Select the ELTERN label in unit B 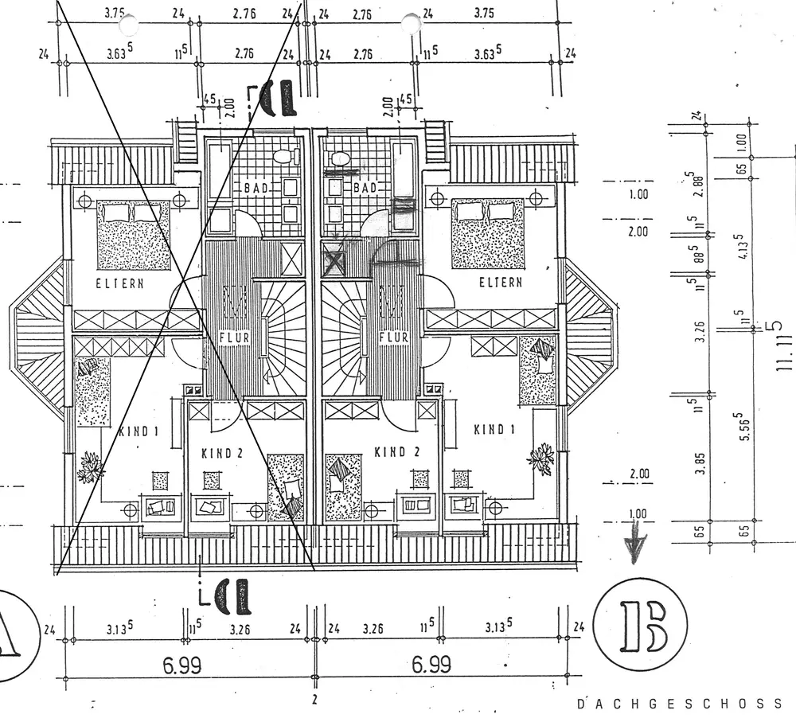501,283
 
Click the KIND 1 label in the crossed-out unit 139,432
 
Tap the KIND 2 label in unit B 396,453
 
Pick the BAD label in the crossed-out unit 256,188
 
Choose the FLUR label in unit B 394,337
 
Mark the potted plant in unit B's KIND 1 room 541,459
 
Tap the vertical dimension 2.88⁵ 700,187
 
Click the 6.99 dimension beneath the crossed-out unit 181,665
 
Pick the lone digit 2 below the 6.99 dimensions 314,700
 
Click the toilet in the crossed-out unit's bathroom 283,157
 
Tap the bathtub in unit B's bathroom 404,171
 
